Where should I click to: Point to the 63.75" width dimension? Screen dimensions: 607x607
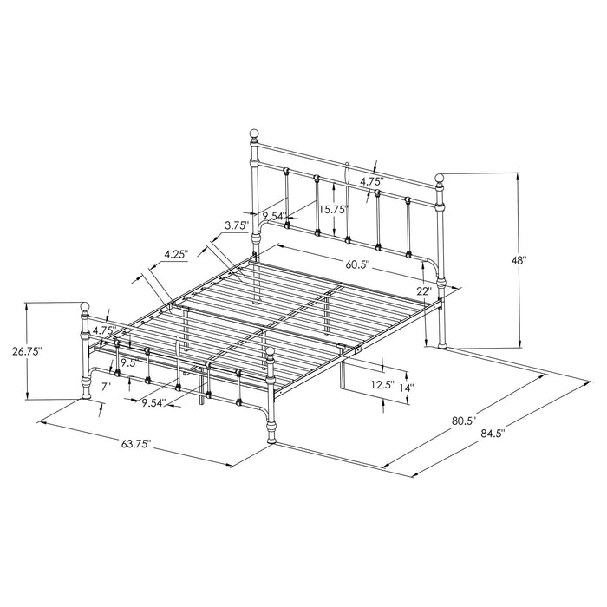pyautogui.click(x=137, y=445)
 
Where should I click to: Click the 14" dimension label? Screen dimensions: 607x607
pyautogui.click(x=406, y=388)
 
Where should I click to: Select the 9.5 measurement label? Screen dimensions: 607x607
pyautogui.click(x=126, y=363)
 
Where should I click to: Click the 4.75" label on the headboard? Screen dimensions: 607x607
pyautogui.click(x=371, y=182)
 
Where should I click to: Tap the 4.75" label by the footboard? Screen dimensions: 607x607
pyautogui.click(x=104, y=330)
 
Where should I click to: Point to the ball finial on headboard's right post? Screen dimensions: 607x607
pyautogui.click(x=440, y=179)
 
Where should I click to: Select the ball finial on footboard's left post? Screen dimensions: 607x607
pyautogui.click(x=86, y=306)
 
